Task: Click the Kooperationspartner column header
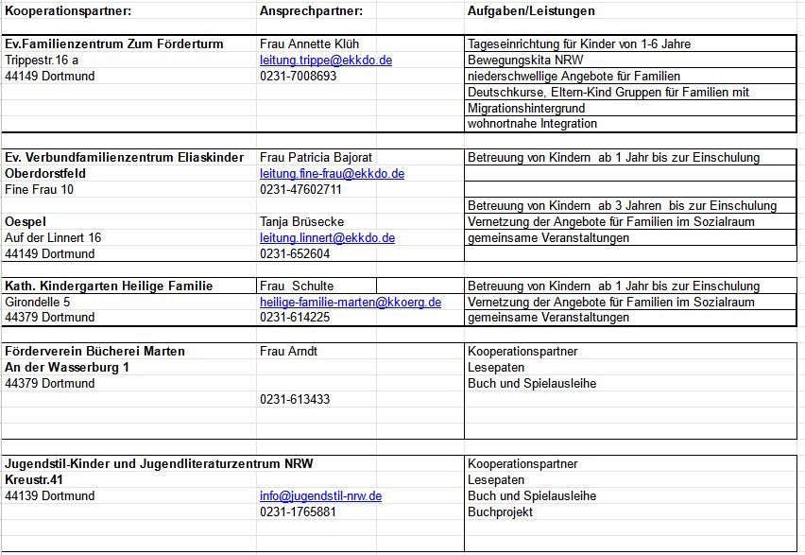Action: [x=68, y=11]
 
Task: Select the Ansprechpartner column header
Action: [x=311, y=11]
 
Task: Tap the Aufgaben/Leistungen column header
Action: [x=531, y=11]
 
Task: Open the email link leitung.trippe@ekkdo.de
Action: [x=325, y=60]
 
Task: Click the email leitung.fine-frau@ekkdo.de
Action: [x=332, y=174]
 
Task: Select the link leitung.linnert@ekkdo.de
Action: [x=327, y=238]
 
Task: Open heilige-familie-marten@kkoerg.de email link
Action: [x=351, y=303]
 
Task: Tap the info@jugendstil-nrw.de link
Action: [x=320, y=496]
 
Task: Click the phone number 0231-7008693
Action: [x=298, y=76]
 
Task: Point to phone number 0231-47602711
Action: [x=300, y=190]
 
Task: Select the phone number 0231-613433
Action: [x=295, y=400]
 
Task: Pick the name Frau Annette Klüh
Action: [x=309, y=43]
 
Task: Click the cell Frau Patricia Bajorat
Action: [x=316, y=158]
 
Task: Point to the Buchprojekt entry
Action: [x=500, y=512]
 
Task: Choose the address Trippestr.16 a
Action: [x=42, y=60]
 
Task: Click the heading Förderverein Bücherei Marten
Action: [x=94, y=352]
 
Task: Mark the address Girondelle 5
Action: [x=37, y=303]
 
